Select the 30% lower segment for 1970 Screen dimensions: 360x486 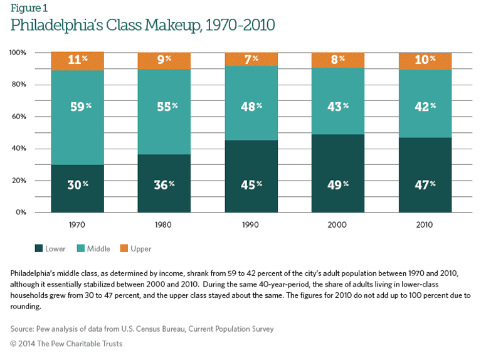point(78,189)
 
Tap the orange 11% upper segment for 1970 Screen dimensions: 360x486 point(78,61)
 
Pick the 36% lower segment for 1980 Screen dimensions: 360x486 point(164,184)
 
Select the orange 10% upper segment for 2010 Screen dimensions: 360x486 point(425,61)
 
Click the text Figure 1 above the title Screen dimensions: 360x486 point(28,8)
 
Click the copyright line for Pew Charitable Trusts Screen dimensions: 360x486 point(66,344)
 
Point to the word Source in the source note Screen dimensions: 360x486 point(23,329)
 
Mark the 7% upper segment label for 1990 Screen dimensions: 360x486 point(250,61)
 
